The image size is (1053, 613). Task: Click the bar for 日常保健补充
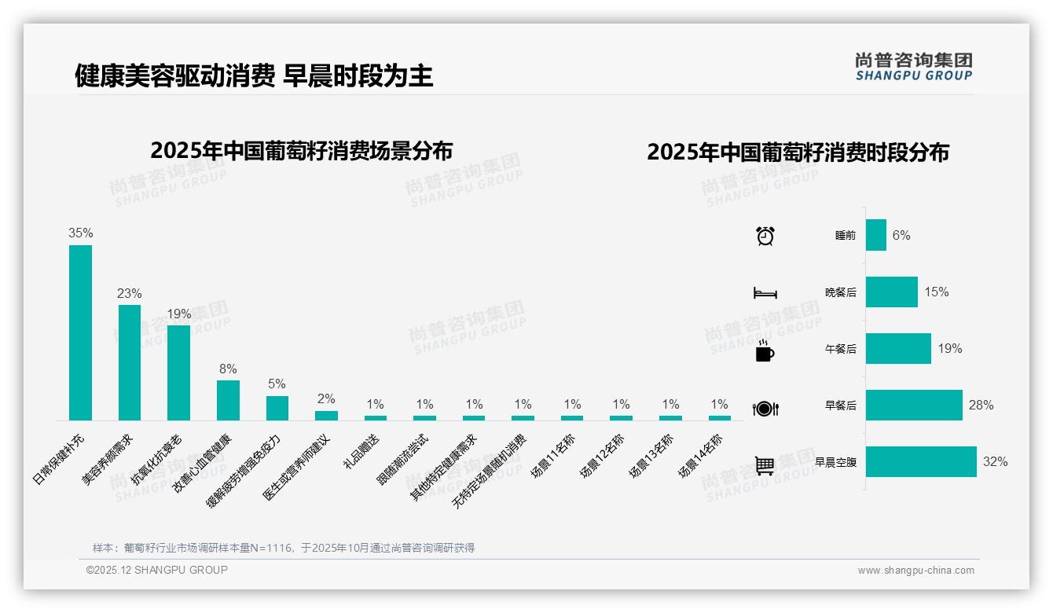(x=80, y=332)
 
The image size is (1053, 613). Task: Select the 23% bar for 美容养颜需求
(x=130, y=362)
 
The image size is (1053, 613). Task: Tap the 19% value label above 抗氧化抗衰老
(x=179, y=314)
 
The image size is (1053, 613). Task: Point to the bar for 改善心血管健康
(x=228, y=400)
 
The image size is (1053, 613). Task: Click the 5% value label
(x=277, y=384)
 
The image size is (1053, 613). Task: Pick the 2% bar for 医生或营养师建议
(x=326, y=415)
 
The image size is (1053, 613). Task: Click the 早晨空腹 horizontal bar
(x=921, y=462)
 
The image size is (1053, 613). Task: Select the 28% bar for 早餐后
(x=914, y=406)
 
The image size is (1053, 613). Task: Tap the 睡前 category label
(x=846, y=236)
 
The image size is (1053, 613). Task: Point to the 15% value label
(x=936, y=292)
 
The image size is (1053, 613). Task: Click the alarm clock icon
(x=765, y=236)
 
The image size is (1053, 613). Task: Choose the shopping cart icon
(x=765, y=465)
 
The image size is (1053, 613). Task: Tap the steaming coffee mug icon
(x=765, y=351)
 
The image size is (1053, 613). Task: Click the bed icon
(x=765, y=293)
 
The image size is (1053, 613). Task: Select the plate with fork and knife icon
(x=765, y=409)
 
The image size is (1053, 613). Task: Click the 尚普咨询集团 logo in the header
(x=913, y=67)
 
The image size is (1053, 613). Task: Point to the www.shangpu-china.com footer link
(x=915, y=571)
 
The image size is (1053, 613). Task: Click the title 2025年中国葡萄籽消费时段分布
(x=798, y=152)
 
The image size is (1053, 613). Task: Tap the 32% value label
(x=995, y=462)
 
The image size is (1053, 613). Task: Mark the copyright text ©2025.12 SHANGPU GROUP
(x=157, y=571)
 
